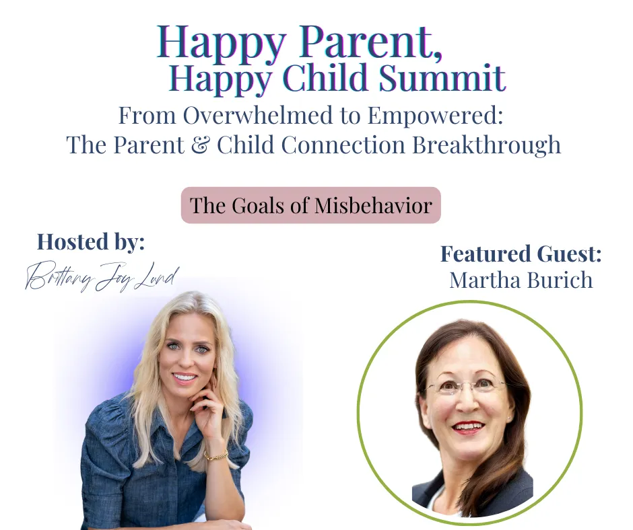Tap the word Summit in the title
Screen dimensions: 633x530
442,77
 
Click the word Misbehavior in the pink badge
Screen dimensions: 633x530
374,205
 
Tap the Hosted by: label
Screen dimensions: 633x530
91,242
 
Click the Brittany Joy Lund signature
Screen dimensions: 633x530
102,276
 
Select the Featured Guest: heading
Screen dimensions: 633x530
521,254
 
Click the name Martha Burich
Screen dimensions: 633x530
521,280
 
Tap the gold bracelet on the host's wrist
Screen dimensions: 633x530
216,456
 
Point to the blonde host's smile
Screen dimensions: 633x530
185,379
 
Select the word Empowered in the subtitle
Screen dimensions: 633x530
435,116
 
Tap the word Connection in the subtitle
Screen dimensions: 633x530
343,145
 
